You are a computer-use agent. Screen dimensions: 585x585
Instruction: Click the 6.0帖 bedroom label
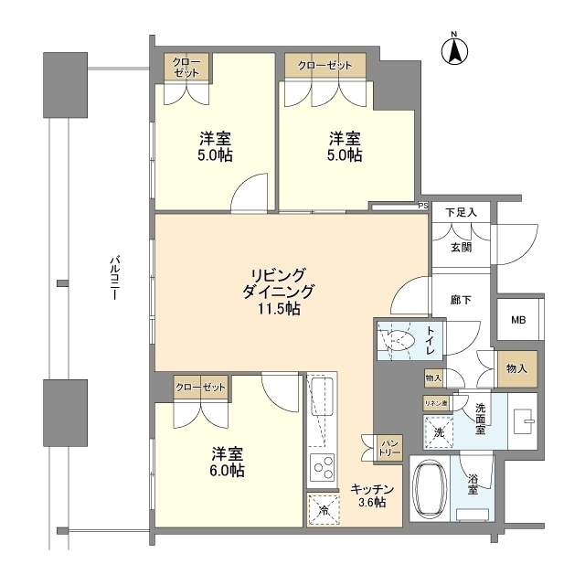[x=228, y=462]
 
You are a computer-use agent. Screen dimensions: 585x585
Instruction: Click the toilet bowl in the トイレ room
[x=399, y=342]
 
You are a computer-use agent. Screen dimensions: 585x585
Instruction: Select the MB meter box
[x=518, y=320]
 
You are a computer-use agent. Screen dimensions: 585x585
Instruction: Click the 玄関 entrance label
[x=461, y=247]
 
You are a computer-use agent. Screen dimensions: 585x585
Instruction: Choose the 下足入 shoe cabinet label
[x=461, y=214]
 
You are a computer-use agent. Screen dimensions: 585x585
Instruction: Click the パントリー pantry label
[x=389, y=446]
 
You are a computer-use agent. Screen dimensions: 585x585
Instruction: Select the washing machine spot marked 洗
[x=438, y=431]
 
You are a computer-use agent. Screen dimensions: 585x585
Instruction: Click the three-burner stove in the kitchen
[x=323, y=469]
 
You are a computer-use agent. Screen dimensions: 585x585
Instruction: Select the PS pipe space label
[x=422, y=206]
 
